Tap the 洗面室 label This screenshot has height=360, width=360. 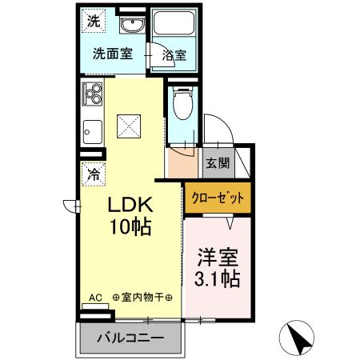(111, 55)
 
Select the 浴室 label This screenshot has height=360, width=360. (174, 55)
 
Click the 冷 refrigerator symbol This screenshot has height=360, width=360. (94, 171)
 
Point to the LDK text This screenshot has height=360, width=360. (130, 203)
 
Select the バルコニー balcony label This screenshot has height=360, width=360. (130, 338)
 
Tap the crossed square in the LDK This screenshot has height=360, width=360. (128, 126)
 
